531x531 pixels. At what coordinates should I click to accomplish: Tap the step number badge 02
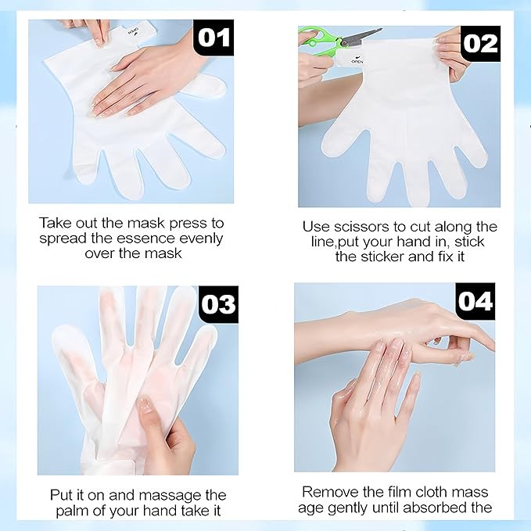(480, 44)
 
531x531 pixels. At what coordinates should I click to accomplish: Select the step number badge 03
(218, 304)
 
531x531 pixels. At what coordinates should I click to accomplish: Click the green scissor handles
(321, 43)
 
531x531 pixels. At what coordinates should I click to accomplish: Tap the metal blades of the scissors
(364, 35)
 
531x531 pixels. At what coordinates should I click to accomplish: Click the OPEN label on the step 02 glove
(358, 61)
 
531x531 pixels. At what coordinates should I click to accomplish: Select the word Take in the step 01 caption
(54, 222)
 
